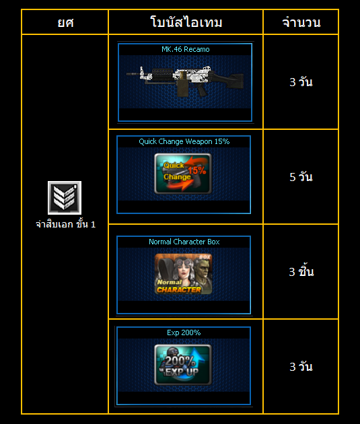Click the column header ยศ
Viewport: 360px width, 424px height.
(65, 22)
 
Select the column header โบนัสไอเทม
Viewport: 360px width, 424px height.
(186, 22)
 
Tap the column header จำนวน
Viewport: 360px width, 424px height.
(301, 22)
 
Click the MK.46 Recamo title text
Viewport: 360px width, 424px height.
(186, 49)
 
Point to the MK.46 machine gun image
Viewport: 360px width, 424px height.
(185, 81)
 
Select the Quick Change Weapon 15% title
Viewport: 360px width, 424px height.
(184, 141)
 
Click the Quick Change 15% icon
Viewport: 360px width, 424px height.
(183, 174)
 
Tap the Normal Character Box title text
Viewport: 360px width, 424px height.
(184, 242)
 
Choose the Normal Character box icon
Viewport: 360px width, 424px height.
(183, 274)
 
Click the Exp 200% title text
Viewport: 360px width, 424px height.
(184, 332)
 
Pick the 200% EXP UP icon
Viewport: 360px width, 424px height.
(183, 365)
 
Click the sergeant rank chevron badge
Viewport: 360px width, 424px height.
(65, 198)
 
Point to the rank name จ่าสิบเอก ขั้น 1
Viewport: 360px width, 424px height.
(66, 224)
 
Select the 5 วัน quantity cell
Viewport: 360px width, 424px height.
(301, 177)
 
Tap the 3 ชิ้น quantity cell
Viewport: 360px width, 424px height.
(301, 271)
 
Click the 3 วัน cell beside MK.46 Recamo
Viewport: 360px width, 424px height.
(301, 82)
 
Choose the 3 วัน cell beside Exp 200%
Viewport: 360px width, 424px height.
(301, 366)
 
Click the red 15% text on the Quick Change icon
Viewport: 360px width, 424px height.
(197, 170)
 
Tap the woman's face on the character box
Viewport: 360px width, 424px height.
(182, 271)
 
